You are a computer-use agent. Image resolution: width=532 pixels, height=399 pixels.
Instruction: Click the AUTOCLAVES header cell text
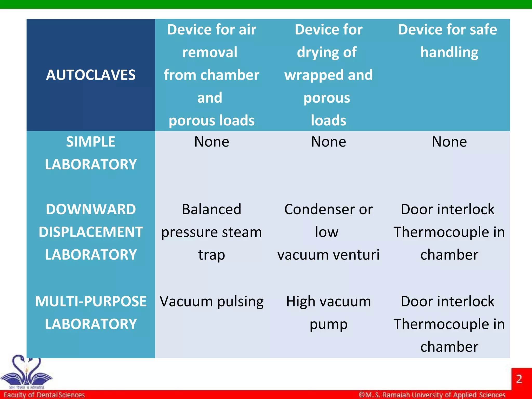(91, 75)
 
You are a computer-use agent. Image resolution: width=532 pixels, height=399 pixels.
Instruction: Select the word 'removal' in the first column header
(210, 52)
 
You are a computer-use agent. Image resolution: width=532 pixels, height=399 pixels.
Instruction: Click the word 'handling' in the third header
(449, 52)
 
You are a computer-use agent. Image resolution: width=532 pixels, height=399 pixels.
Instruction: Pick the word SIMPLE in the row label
(91, 142)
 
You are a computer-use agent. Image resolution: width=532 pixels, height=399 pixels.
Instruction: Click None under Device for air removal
(211, 142)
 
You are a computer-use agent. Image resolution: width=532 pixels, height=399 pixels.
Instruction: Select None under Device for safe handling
(449, 142)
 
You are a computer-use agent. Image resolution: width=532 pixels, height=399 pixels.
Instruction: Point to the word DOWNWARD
(91, 209)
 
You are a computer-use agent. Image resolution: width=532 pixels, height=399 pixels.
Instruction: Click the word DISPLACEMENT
(91, 232)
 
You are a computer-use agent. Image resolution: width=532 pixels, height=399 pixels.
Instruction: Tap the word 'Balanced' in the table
(211, 209)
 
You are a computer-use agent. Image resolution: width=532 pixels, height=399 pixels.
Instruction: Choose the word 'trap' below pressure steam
(211, 255)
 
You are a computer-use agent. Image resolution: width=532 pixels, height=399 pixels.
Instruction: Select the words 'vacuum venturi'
(328, 255)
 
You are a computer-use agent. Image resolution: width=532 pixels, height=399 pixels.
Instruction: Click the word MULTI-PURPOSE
(91, 301)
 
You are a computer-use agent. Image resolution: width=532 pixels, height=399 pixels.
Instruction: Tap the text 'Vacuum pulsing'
(211, 302)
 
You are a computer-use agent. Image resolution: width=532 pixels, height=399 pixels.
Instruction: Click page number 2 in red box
(519, 379)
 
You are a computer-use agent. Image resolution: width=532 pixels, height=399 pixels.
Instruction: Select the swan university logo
(26, 371)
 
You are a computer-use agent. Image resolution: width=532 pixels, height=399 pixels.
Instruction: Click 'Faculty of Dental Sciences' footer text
(44, 395)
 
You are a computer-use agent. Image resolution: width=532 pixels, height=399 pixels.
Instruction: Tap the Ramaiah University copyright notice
(432, 395)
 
